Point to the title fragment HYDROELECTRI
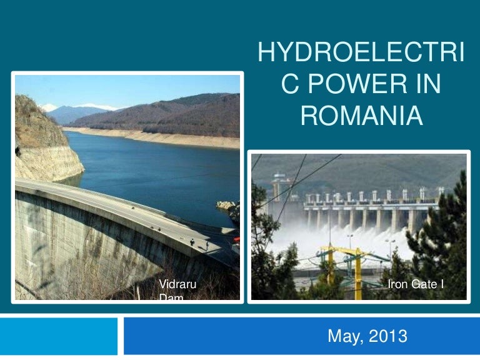tap(361, 55)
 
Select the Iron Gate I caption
tap(416, 285)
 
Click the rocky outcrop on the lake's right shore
tap(226, 206)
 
